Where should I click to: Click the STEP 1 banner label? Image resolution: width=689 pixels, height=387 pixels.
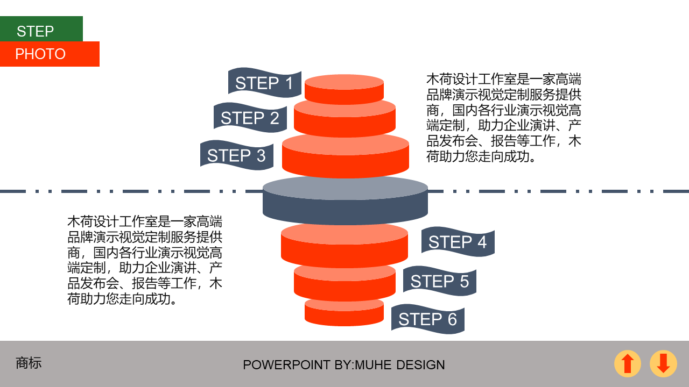coord(264,83)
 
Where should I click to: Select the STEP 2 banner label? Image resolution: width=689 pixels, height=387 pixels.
coord(250,118)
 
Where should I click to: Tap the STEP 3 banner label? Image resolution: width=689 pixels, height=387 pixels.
coord(236,155)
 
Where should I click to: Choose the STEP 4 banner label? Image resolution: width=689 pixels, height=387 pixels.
coord(458,242)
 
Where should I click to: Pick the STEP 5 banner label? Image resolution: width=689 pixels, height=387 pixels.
coord(439,281)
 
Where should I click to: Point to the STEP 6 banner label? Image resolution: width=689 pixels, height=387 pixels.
coord(427,319)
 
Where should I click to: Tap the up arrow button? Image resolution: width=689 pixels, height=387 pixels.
coord(628,363)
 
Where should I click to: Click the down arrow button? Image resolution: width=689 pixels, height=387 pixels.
coord(663,363)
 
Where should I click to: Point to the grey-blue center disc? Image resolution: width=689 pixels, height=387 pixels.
coord(345,199)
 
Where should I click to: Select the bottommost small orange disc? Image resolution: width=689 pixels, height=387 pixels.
coord(344,313)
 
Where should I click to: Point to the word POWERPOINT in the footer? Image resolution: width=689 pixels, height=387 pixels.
coord(286,365)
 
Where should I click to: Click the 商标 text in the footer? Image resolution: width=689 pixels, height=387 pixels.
coord(29,363)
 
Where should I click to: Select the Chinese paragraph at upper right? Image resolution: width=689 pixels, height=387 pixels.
coord(504,118)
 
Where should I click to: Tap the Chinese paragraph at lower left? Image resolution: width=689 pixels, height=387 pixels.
coord(145,260)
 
